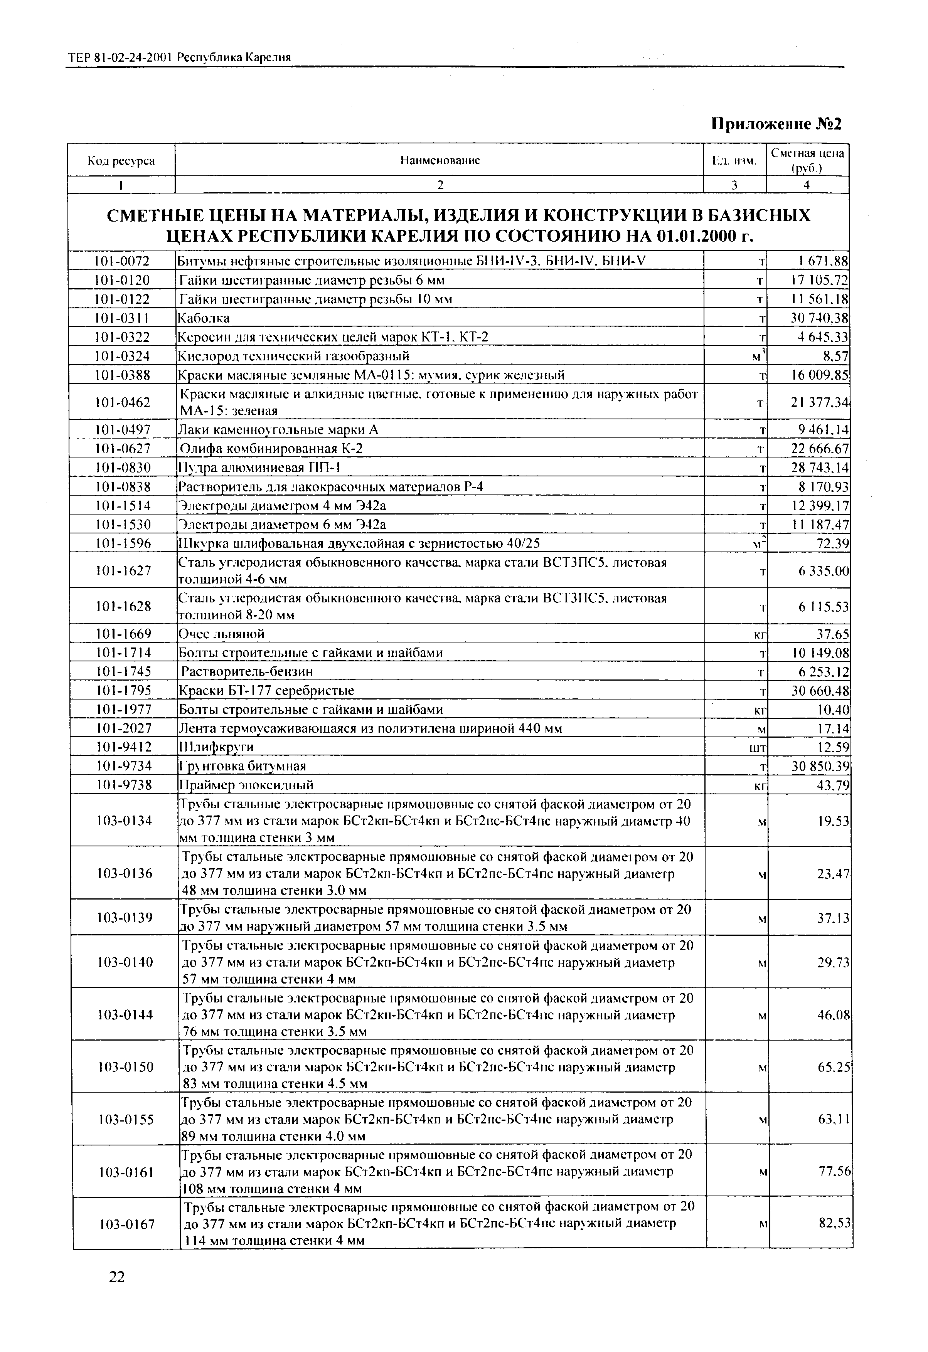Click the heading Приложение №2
click(777, 124)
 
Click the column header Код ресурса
click(121, 161)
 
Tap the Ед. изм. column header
click(734, 161)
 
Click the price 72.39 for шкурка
click(833, 544)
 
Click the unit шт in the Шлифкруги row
click(759, 748)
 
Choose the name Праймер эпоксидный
click(246, 785)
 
